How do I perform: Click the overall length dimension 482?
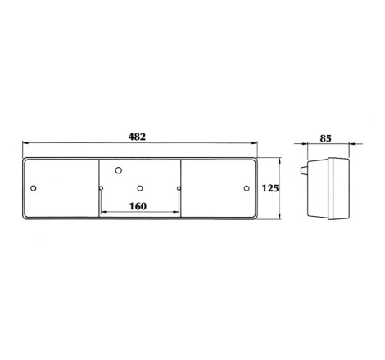pos(137,137)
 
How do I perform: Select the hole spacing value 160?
pos(138,206)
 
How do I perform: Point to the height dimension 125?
pos(270,188)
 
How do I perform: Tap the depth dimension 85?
pos(325,138)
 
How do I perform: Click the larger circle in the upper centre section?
pos(119,170)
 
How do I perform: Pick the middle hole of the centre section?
pos(140,188)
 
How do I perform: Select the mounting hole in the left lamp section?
pos(34,188)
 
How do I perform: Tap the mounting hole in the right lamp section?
pos(247,188)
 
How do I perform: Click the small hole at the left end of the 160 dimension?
pos(101,188)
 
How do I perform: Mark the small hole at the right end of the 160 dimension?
pos(179,188)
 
